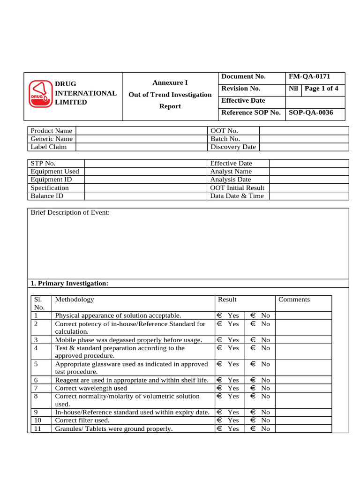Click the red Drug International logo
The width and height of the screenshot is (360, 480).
coord(39,93)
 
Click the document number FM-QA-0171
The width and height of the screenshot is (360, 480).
coord(313,76)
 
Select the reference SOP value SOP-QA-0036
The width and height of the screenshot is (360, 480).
coord(311,112)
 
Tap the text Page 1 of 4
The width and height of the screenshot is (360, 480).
coord(322,89)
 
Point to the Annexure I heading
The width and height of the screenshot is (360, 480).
coord(170,82)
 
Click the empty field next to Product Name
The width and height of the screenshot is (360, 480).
coord(141,131)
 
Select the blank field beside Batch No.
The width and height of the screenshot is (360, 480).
coord(304,139)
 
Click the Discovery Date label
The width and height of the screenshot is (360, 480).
coord(233,147)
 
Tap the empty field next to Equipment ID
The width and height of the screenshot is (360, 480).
coord(145,180)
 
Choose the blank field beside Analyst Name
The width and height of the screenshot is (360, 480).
coord(309,172)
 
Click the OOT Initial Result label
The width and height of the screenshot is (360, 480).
coord(237,187)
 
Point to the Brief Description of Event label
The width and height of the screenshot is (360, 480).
coord(70,213)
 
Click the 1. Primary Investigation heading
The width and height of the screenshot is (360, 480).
coord(69,284)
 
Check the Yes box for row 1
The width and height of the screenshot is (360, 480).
coord(219,316)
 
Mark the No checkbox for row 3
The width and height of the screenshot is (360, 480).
coord(253,340)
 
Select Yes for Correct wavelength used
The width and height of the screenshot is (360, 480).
coord(219,388)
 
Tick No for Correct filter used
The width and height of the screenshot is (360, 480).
coord(253,420)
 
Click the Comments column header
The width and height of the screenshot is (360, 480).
coord(294,300)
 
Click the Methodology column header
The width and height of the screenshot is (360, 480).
coord(74,300)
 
